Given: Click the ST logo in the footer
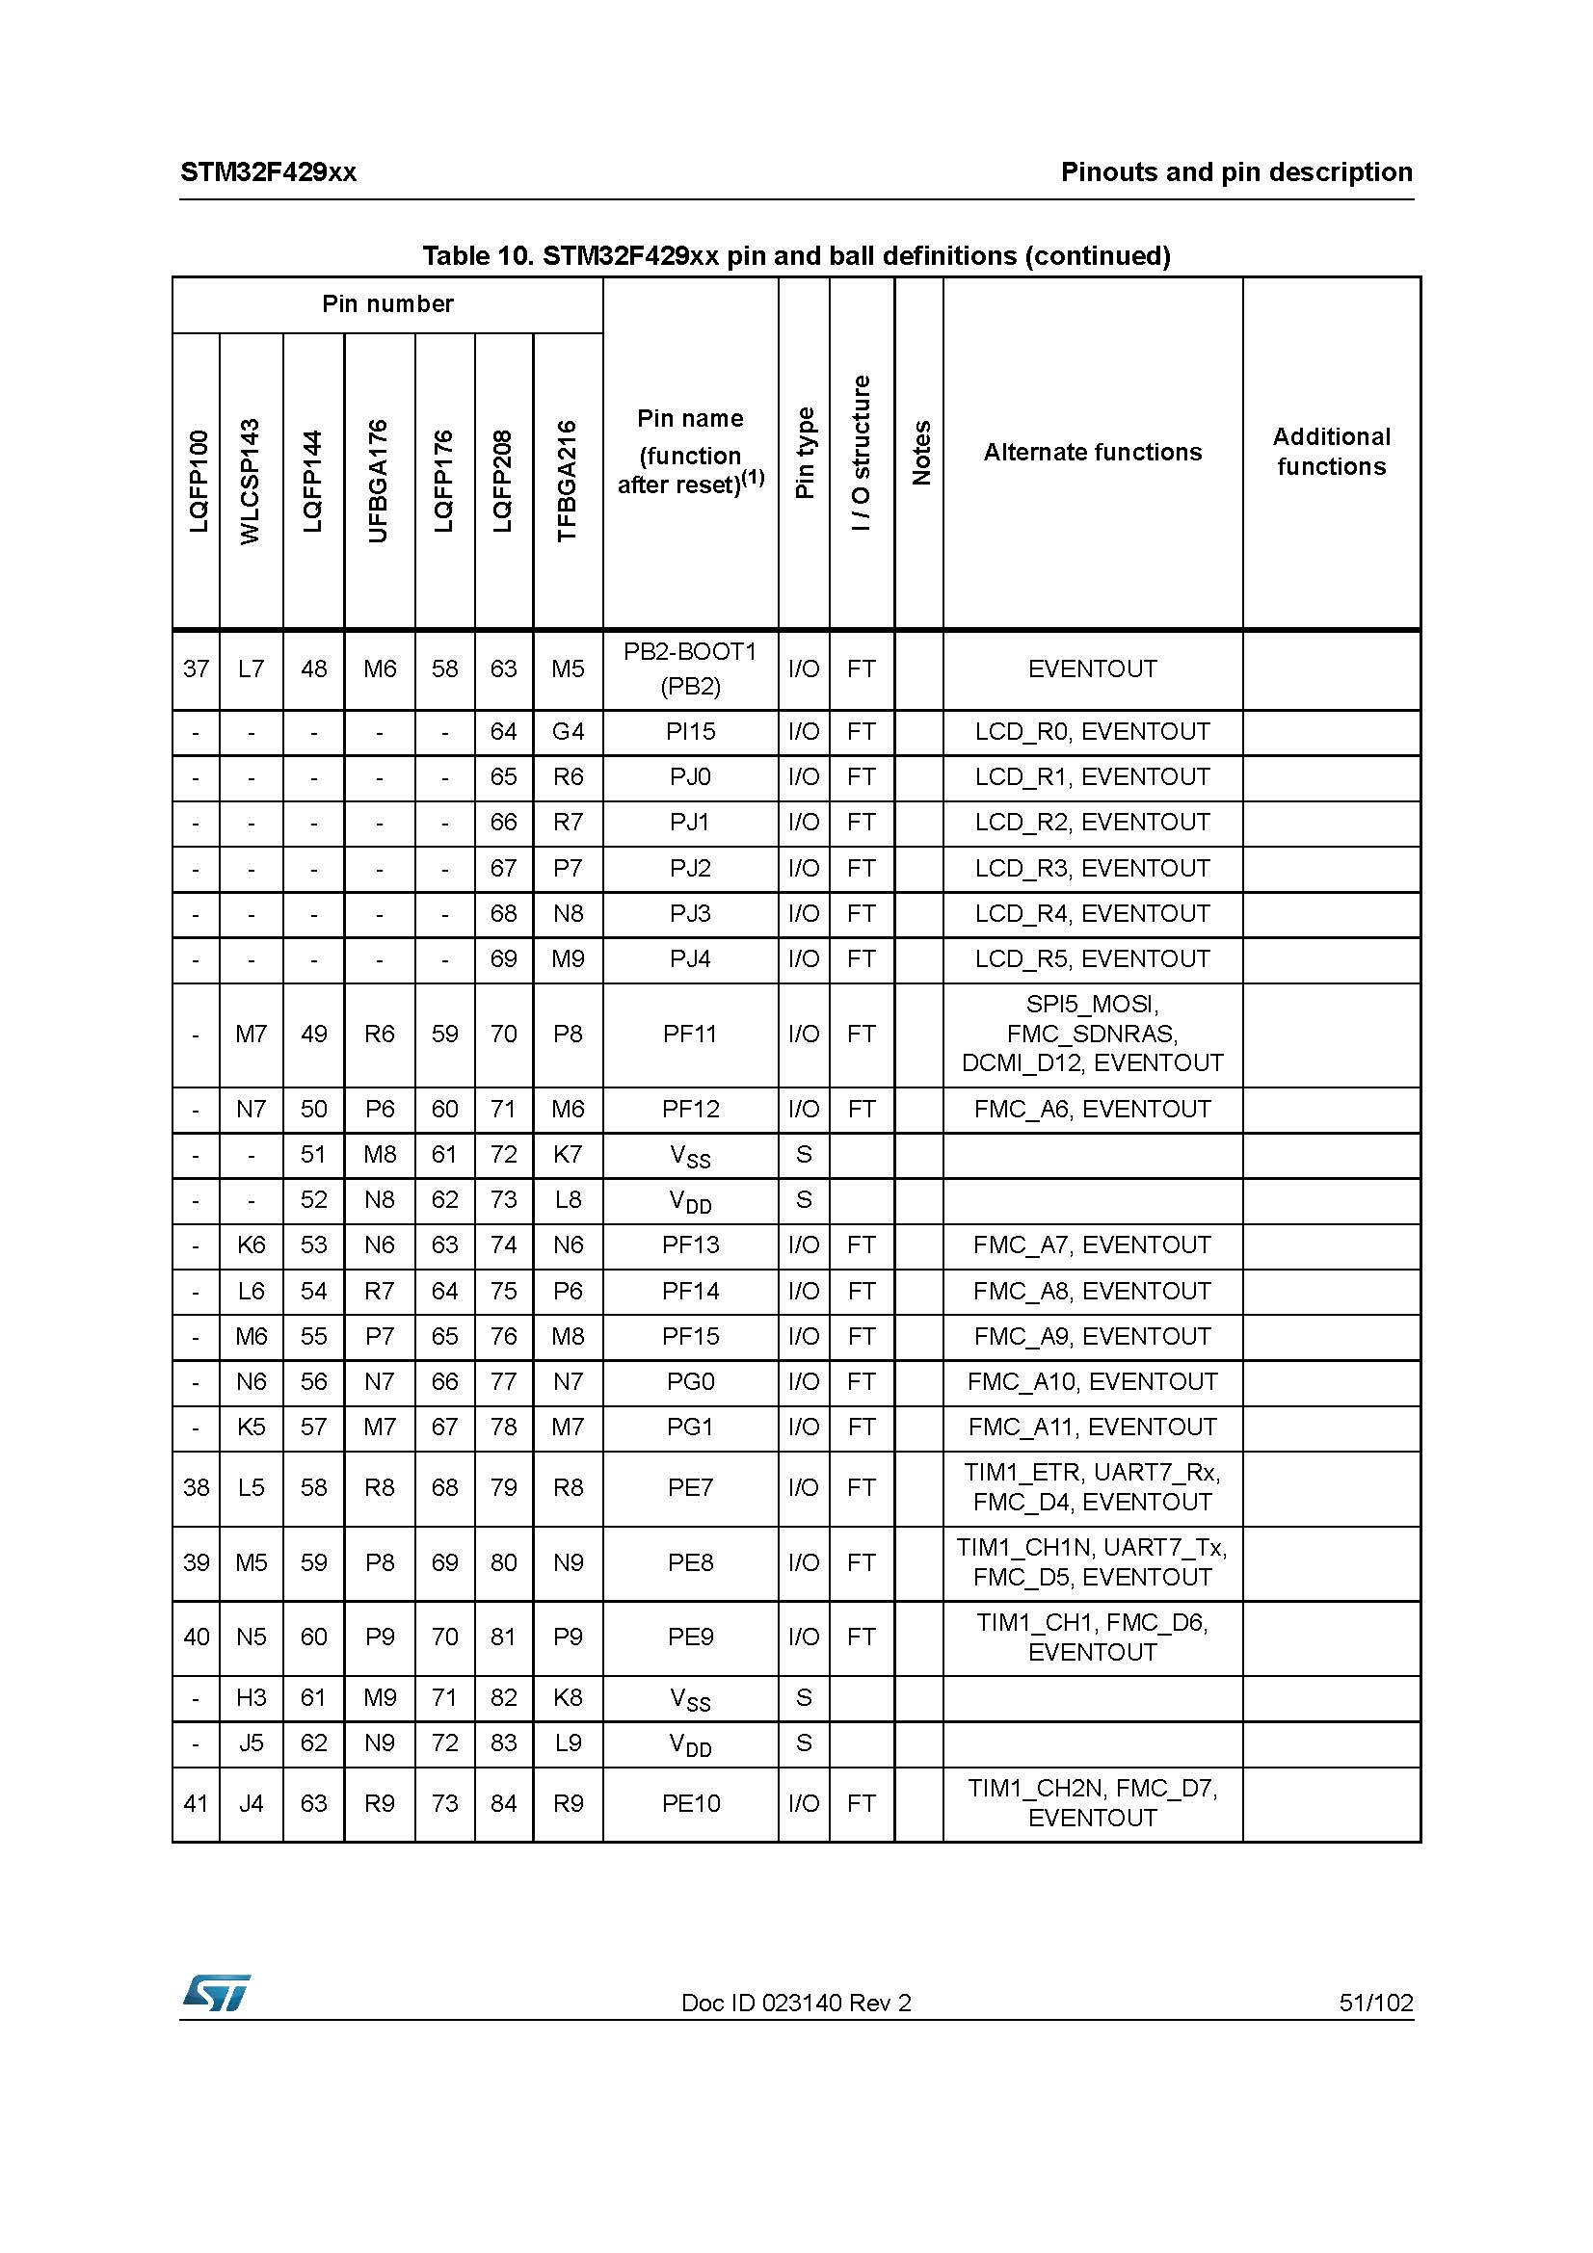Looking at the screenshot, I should click(x=216, y=1992).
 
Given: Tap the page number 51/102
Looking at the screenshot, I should click(x=1375, y=2003).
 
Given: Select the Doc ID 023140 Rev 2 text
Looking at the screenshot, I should click(x=796, y=2003).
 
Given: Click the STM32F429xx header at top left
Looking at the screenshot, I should click(x=268, y=172).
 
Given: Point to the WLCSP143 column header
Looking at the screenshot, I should click(x=251, y=481).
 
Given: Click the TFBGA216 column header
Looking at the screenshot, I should click(x=567, y=481).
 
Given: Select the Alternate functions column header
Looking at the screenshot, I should click(x=1092, y=453).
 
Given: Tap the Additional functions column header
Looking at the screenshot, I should click(x=1331, y=452).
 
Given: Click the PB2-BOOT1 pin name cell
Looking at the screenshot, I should click(x=690, y=669).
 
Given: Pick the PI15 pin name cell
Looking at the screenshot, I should click(x=690, y=732).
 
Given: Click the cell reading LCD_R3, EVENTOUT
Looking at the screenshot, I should click(x=1092, y=869).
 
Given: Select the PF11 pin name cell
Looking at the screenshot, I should click(x=690, y=1035).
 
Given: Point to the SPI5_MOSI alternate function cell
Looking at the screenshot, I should click(x=1092, y=1035).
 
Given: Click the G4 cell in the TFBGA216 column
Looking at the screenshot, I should click(x=568, y=732).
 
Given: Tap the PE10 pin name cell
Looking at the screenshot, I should click(x=690, y=1803).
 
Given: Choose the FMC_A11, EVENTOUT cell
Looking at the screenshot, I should click(x=1092, y=1428).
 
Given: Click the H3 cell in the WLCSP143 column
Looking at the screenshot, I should click(x=252, y=1697).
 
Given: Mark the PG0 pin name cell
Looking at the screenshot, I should click(x=690, y=1381).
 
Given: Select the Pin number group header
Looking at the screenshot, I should click(x=387, y=304).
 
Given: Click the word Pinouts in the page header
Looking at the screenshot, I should click(x=1106, y=172).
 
